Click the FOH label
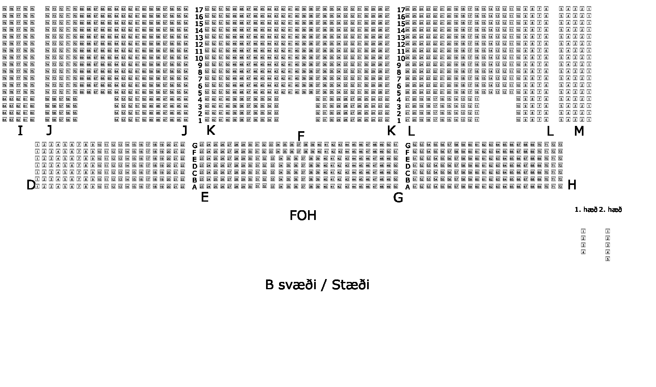pos(303,215)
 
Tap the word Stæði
pos(350,285)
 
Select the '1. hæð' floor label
pos(586,210)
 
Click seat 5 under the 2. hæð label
pos(608,259)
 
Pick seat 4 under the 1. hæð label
pos(583,252)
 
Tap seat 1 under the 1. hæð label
pos(583,231)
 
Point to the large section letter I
pos(20,131)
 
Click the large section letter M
pos(579,131)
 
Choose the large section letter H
pos(572,185)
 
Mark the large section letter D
pos(31,185)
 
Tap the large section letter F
pos(301,136)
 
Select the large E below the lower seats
pos(205,197)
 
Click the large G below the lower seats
pos(398,197)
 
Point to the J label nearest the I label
pos(49,131)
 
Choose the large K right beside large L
pos(391,131)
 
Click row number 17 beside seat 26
pos(401,10)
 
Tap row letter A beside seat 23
pos(195,187)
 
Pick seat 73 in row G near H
pos(560,145)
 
